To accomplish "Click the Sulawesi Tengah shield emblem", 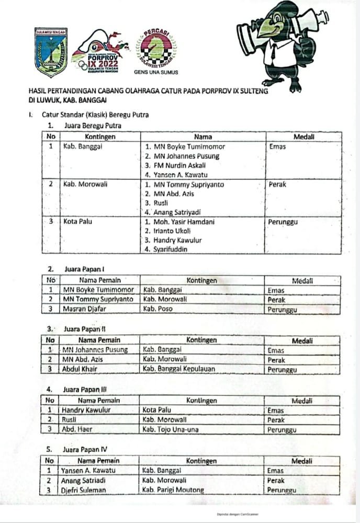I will click(51, 51).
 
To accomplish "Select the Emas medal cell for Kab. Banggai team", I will click(277, 147).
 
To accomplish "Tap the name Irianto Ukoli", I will click(170, 231).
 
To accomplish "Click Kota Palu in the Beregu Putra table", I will click(77, 222).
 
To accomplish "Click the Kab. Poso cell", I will click(157, 309).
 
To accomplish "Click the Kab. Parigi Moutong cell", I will click(173, 490).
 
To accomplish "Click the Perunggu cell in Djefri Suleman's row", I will click(282, 490).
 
